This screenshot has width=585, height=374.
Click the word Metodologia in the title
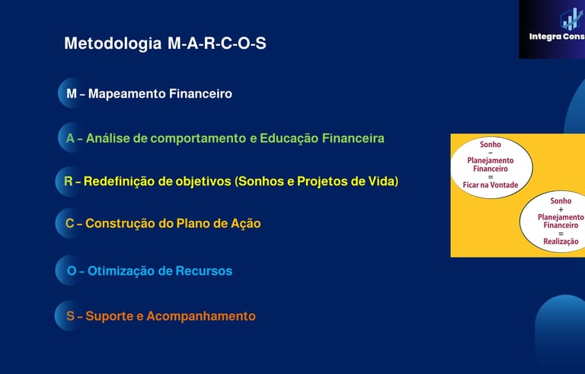[113, 43]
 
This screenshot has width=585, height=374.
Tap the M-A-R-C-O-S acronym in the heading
[217, 43]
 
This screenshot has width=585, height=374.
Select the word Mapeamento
[127, 94]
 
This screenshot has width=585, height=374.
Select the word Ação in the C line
[246, 224]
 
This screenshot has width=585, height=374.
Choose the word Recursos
[204, 271]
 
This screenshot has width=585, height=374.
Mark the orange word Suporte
[110, 316]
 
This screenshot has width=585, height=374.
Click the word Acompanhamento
[201, 316]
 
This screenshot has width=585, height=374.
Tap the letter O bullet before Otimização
[72, 271]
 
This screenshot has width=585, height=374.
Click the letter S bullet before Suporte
[70, 316]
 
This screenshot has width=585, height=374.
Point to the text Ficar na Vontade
[491, 185]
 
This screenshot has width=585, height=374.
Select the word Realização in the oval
[561, 241]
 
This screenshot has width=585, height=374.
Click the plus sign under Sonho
[561, 209]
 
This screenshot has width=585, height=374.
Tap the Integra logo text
[545, 37]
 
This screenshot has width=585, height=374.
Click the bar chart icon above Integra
[571, 19]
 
